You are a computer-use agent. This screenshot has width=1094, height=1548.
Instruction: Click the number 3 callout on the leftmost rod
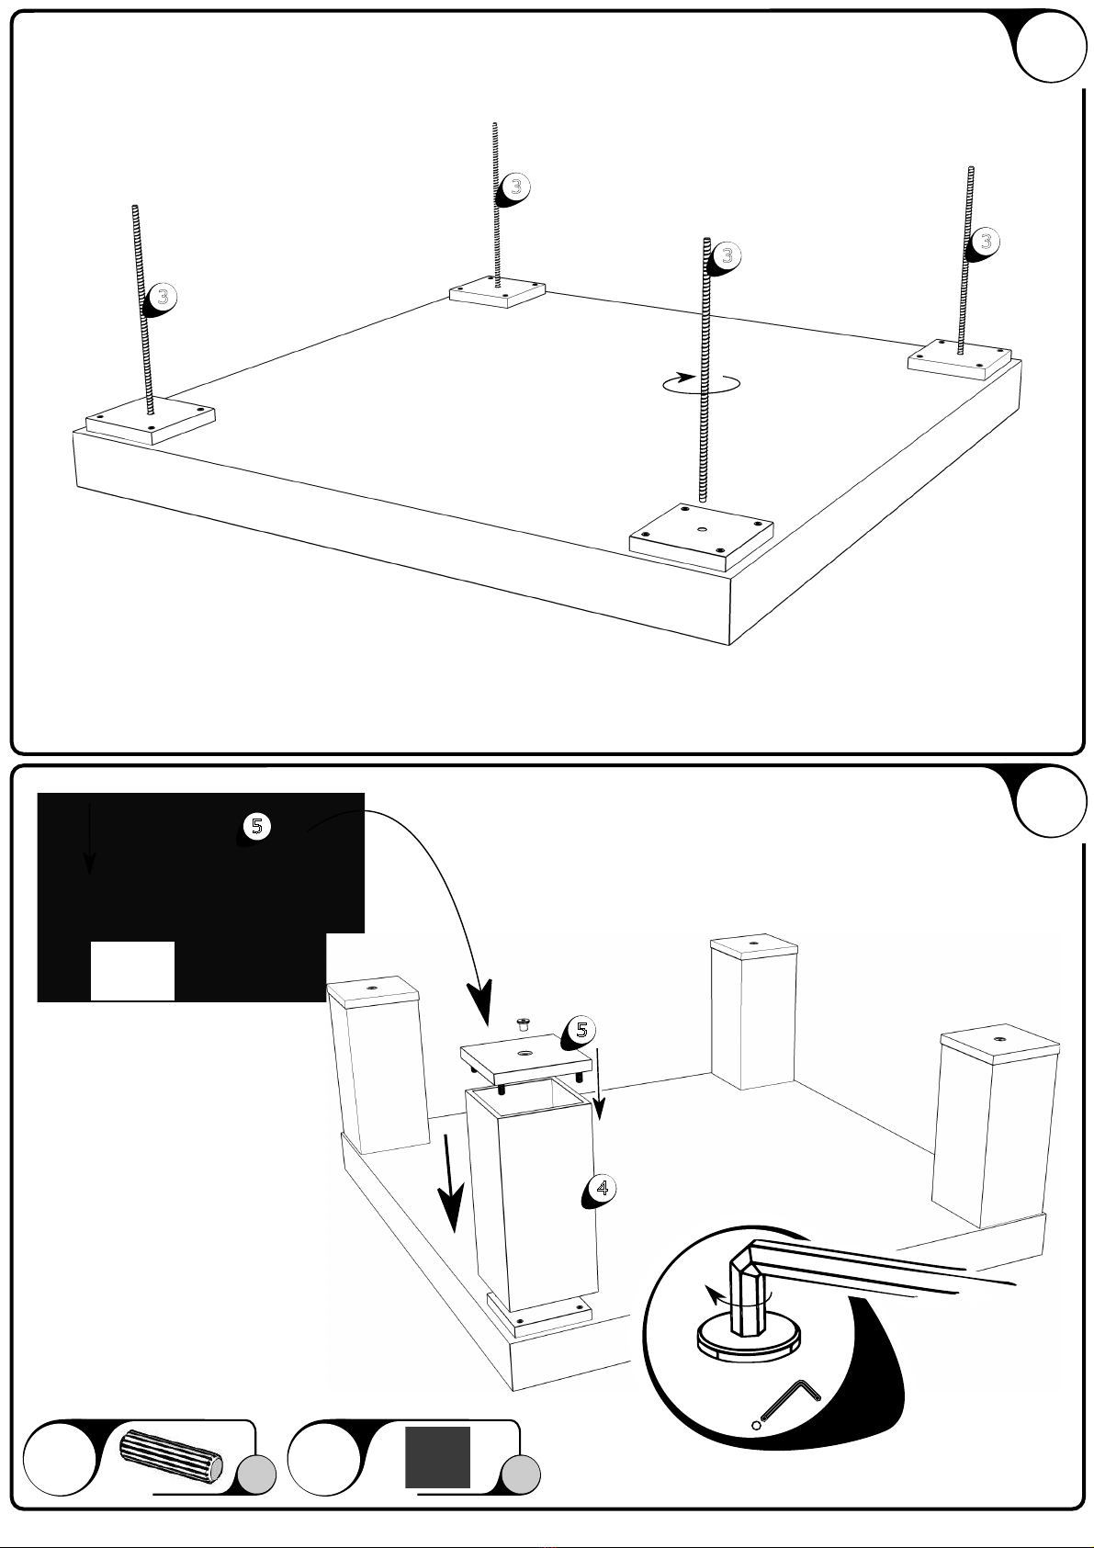tap(162, 298)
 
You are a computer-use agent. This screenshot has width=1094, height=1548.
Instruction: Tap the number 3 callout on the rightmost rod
tap(985, 242)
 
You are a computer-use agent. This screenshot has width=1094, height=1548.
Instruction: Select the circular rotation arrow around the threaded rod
tap(701, 384)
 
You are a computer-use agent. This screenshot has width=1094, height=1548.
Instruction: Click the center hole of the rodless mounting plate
tap(701, 528)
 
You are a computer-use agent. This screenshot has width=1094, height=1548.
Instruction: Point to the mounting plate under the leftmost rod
tap(151, 419)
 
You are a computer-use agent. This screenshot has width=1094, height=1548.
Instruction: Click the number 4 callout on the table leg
tap(601, 1189)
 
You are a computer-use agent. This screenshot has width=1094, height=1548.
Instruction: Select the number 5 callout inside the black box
tap(256, 827)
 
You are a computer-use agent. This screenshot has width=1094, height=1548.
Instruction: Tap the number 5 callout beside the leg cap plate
tap(581, 1031)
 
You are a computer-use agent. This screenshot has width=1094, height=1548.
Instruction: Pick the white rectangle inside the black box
tap(132, 970)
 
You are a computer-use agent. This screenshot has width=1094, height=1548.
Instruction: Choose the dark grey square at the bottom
tap(438, 1457)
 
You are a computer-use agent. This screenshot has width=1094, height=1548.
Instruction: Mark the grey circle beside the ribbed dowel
tap(256, 1475)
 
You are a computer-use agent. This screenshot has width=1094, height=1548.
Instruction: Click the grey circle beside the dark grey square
tap(521, 1475)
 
